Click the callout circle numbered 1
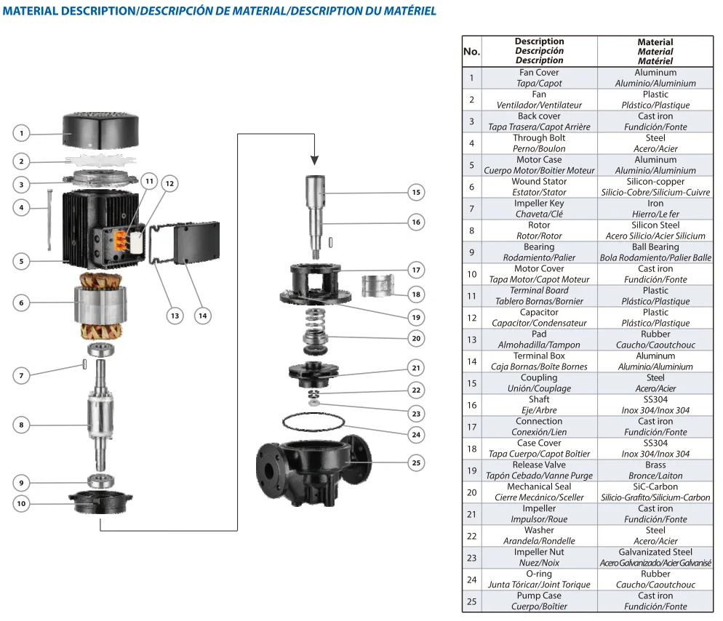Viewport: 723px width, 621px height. pyautogui.click(x=22, y=133)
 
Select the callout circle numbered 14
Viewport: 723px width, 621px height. pyautogui.click(x=203, y=316)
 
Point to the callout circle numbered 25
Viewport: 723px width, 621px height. pyautogui.click(x=415, y=462)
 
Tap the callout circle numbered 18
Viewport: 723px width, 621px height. pyautogui.click(x=415, y=295)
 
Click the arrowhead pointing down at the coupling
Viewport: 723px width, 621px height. pyautogui.click(x=314, y=160)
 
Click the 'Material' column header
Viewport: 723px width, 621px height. pyautogui.click(x=655, y=52)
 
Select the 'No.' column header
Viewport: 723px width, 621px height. pyautogui.click(x=471, y=52)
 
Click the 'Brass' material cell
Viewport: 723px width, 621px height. pyautogui.click(x=655, y=470)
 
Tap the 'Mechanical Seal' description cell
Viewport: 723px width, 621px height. pyautogui.click(x=539, y=492)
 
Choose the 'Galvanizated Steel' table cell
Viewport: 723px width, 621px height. pyautogui.click(x=655, y=558)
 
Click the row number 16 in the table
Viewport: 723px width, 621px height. pyautogui.click(x=471, y=405)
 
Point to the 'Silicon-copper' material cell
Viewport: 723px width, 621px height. pyautogui.click(x=655, y=187)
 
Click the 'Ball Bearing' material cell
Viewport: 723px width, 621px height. pyautogui.click(x=655, y=252)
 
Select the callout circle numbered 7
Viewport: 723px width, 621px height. pyautogui.click(x=22, y=375)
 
